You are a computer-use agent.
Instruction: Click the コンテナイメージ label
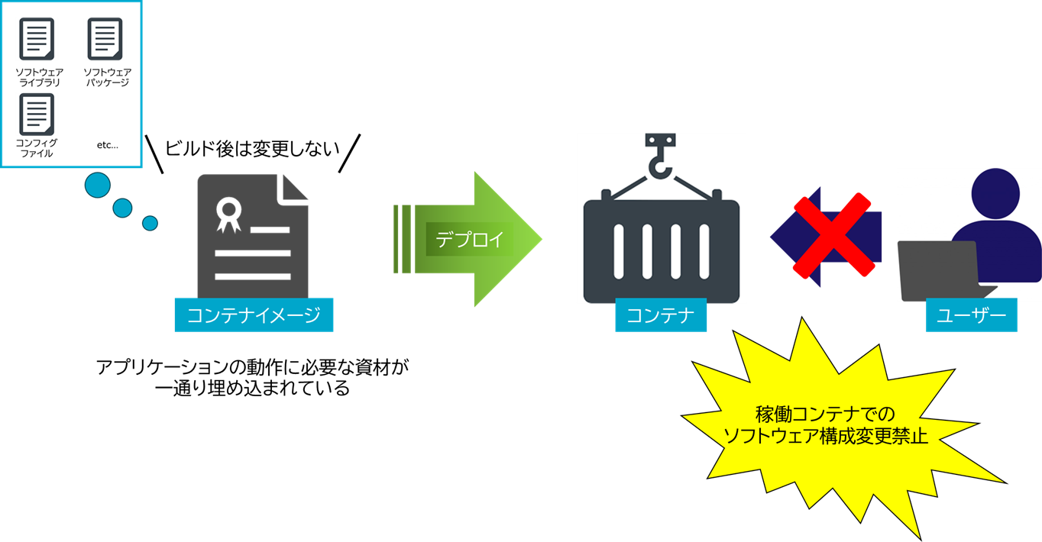(254, 315)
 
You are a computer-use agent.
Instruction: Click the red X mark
(833, 235)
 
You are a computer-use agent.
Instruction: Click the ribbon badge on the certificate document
(228, 213)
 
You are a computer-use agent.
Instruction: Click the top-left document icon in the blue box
(37, 38)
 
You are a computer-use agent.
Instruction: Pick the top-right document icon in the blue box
(105, 38)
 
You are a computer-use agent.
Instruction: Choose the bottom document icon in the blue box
(37, 114)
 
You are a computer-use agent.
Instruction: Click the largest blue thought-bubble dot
(98, 185)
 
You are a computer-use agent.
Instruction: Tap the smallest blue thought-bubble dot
(150, 223)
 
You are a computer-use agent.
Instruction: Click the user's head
(995, 194)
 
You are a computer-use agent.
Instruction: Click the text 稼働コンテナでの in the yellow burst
(825, 415)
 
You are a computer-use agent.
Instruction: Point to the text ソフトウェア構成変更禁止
(825, 437)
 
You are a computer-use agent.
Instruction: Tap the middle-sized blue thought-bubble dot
(122, 208)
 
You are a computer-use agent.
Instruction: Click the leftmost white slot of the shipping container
(620, 251)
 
